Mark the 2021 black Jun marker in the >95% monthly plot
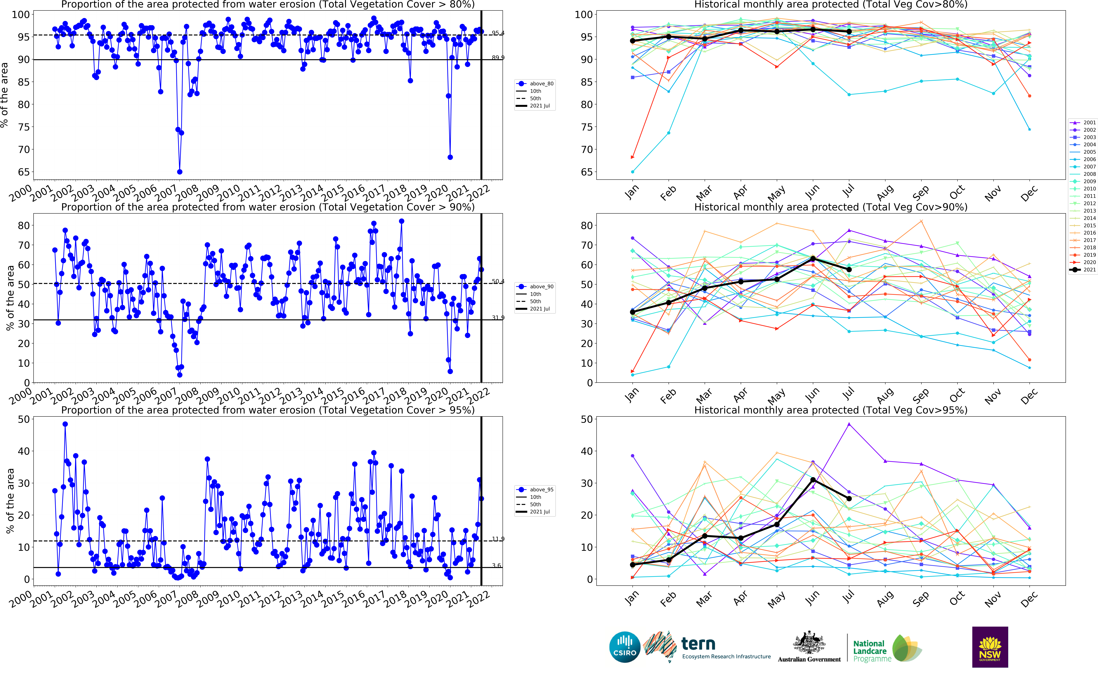pos(813,480)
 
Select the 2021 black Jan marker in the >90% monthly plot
pos(632,312)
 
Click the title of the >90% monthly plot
pos(830,207)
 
